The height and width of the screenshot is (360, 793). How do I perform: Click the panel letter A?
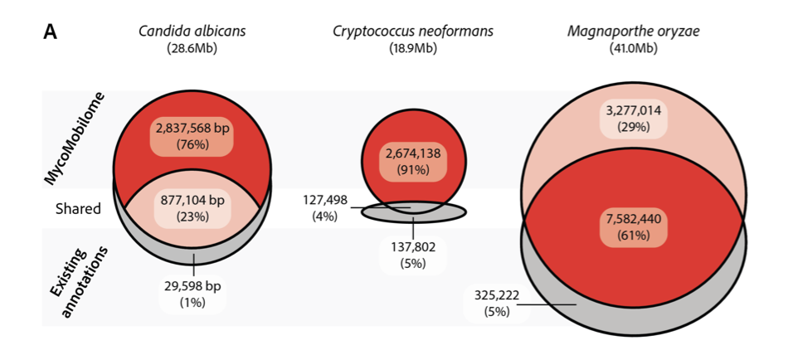click(51, 32)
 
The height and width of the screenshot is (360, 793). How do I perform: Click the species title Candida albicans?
click(192, 32)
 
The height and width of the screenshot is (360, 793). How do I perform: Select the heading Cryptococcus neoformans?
click(412, 32)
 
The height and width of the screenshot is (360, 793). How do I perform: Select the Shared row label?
click(77, 208)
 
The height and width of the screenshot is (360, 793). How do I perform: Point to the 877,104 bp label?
click(192, 200)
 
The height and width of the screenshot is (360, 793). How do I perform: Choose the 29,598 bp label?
click(192, 286)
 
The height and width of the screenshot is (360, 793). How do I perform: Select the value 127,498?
click(324, 200)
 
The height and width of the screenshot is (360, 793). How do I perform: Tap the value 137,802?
click(412, 247)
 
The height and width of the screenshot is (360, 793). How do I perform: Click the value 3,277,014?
click(634, 112)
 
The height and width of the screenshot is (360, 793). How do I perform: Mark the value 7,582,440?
click(634, 221)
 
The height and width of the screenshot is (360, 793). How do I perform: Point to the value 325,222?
click(497, 295)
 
